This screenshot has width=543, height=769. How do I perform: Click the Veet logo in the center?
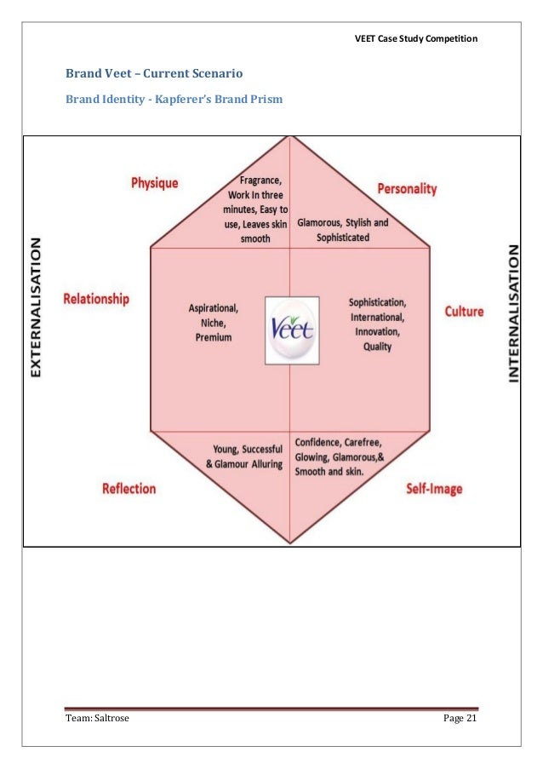pos(292,330)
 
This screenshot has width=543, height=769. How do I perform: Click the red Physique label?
pos(154,183)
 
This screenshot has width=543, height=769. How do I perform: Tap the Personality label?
pos(407,188)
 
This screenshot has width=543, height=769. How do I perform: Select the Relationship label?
pos(96,299)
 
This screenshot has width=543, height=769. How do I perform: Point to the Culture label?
pos(464,312)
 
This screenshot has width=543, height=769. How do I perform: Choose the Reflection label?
pos(129,488)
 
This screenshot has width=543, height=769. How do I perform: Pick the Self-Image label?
pos(433,489)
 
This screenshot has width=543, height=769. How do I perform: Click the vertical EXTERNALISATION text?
pos(37,306)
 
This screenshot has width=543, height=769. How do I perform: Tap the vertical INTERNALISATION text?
pos(513,313)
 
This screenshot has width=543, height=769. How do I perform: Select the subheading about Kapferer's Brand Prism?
pos(174,100)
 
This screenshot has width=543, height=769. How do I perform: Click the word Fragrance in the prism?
pos(262,181)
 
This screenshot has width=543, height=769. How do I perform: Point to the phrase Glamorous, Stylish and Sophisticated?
pos(343,230)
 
